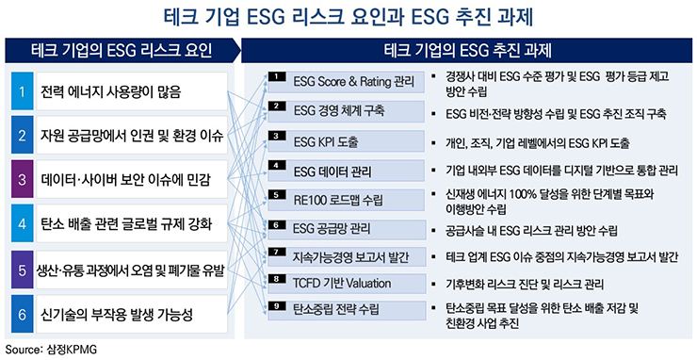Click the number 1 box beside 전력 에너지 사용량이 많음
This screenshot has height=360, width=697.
point(21,92)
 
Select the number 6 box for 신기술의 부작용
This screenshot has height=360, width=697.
point(21,311)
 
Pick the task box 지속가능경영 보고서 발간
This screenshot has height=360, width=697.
point(345,255)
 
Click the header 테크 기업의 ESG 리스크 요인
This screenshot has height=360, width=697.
point(121,48)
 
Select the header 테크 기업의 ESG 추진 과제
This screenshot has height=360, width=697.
point(468,48)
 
